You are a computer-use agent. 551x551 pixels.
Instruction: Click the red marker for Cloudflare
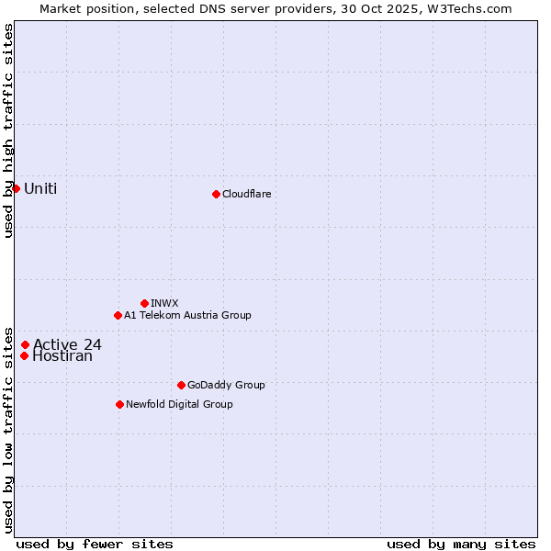click(x=216, y=194)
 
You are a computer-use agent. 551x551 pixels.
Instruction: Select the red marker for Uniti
click(x=16, y=188)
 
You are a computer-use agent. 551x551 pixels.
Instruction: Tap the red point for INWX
click(x=144, y=303)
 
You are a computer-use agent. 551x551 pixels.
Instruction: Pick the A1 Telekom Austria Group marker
click(x=118, y=315)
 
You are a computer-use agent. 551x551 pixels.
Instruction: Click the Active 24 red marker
click(x=25, y=345)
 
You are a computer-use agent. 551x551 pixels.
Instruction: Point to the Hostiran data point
click(x=24, y=356)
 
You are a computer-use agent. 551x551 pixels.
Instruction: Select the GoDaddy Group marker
click(x=181, y=385)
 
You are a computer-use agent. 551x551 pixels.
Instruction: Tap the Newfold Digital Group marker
click(x=119, y=404)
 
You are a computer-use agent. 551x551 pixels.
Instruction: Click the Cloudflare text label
click(x=246, y=194)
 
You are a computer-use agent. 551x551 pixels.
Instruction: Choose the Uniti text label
click(x=40, y=189)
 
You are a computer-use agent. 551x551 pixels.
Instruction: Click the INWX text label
click(x=164, y=303)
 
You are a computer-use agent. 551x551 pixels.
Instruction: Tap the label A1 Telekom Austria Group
click(x=187, y=315)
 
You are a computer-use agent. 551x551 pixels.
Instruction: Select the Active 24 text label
click(x=67, y=345)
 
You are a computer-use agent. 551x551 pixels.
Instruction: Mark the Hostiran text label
click(x=62, y=356)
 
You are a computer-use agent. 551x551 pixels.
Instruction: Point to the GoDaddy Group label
click(x=226, y=385)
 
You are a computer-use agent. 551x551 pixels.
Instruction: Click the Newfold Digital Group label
click(x=179, y=404)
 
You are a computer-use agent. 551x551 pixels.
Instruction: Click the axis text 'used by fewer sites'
click(x=95, y=544)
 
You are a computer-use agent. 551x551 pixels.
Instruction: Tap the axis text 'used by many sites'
click(x=461, y=544)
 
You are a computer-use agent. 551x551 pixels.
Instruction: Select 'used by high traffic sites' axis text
click(x=8, y=130)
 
